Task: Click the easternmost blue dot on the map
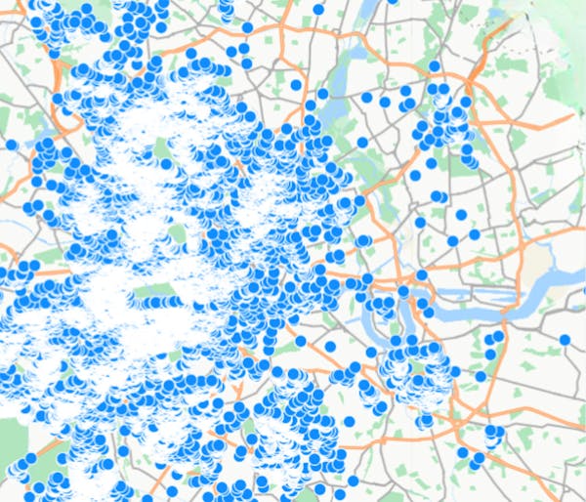565,340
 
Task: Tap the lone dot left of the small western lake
11,145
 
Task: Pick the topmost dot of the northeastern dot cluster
435,66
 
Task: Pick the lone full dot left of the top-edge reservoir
317,9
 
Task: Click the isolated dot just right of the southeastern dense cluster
481,376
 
